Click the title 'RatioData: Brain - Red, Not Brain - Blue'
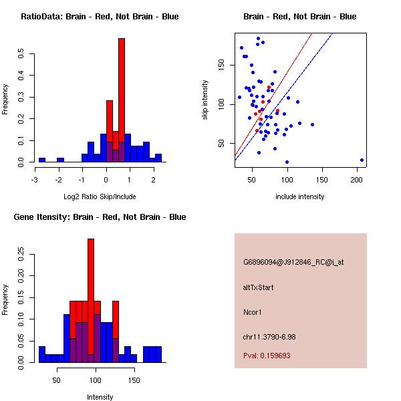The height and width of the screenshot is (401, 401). (99, 17)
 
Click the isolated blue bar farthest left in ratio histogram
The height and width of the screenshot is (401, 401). (42, 160)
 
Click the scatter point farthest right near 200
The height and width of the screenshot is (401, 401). (362, 160)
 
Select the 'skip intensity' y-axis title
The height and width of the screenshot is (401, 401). (205, 100)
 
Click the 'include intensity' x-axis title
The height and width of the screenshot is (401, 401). (299, 196)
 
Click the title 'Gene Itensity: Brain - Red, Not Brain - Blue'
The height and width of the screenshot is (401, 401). (99, 217)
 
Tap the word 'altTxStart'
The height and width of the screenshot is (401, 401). (259, 287)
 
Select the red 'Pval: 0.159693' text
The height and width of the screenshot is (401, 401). (271, 356)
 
